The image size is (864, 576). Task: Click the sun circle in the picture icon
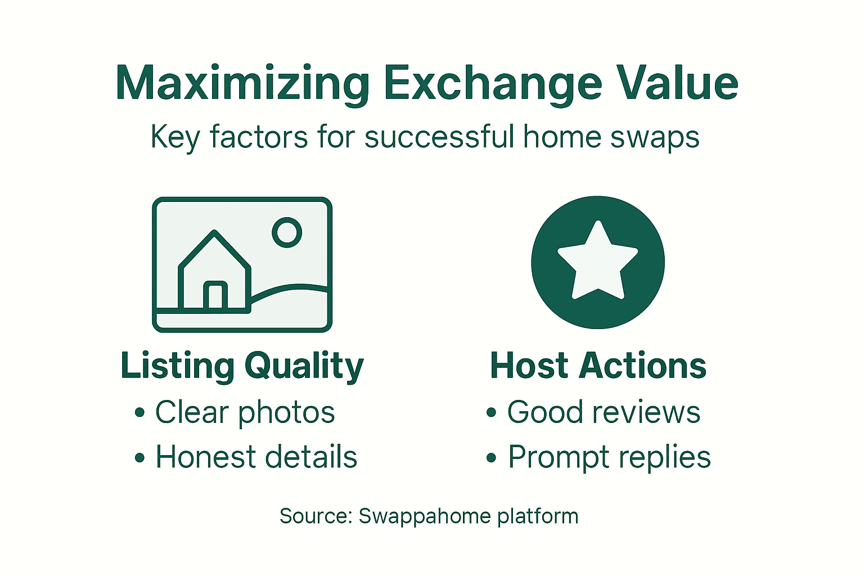tap(287, 232)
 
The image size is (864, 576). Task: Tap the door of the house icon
tap(215, 295)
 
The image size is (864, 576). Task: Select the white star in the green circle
tap(598, 262)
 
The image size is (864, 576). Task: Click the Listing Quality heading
tap(242, 366)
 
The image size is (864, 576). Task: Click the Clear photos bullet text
tap(245, 412)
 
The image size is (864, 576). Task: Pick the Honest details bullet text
tap(256, 457)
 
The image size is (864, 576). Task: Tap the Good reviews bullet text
tap(604, 412)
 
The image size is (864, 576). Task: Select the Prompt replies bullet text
tap(609, 457)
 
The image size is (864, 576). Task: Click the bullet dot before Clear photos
tap(140, 413)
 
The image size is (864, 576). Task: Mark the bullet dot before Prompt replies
tap(492, 458)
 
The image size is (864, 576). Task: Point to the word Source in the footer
tap(316, 516)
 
